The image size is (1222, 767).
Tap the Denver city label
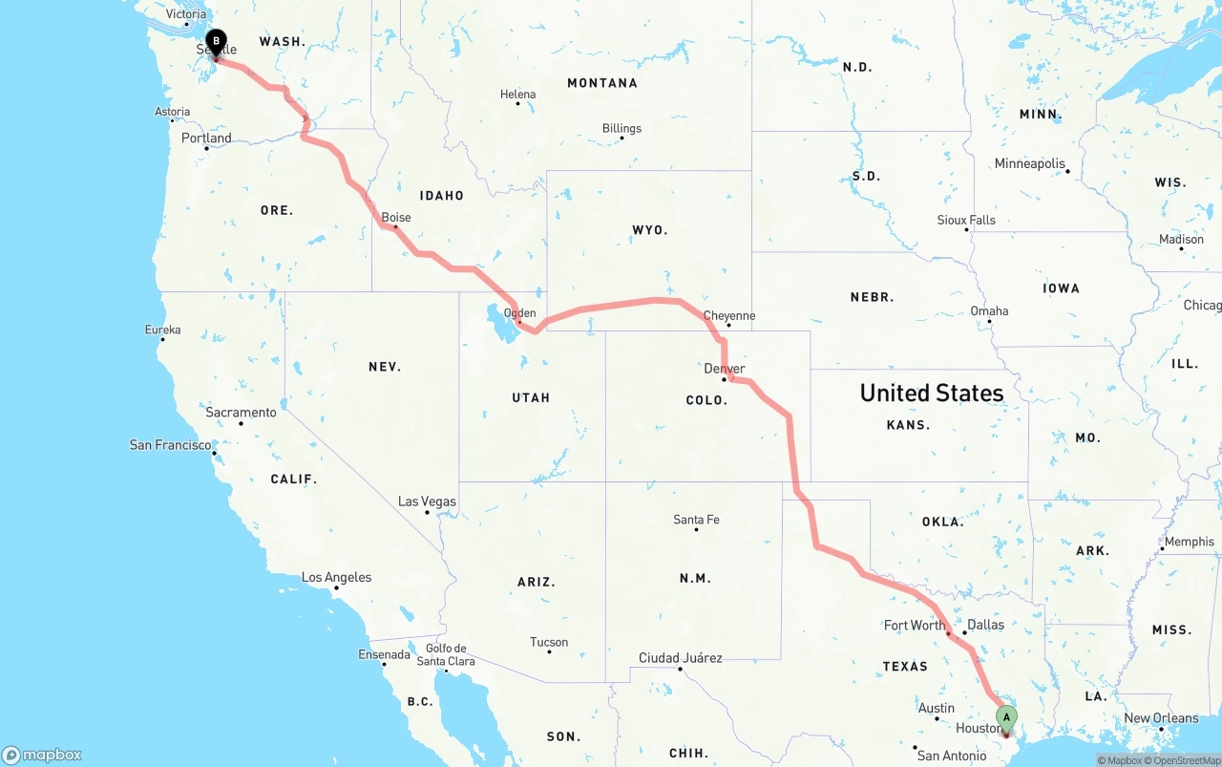tap(724, 369)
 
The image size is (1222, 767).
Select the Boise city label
tap(396, 217)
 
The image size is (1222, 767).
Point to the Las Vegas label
tap(427, 501)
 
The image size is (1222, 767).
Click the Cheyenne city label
tap(728, 315)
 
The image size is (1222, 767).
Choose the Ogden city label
tap(519, 312)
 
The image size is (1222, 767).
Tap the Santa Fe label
tap(696, 520)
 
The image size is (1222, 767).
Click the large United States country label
tap(931, 393)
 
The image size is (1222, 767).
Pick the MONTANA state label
tap(601, 83)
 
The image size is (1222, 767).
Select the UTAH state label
tap(531, 397)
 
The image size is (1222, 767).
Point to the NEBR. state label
tap(872, 297)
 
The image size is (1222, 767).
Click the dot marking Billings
tap(622, 138)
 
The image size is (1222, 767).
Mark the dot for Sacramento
tap(241, 423)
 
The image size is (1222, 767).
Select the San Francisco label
tap(170, 445)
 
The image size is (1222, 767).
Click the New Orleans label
tap(1161, 718)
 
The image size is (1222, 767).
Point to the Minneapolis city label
tap(1029, 163)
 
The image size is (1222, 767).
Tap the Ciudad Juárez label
tap(680, 658)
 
